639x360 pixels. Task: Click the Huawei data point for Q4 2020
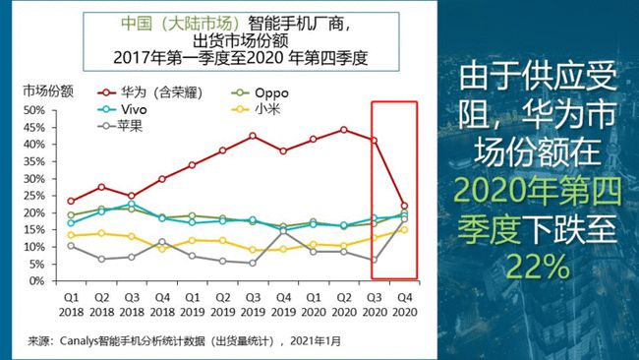pyautogui.click(x=404, y=206)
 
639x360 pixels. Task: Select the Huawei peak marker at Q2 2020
pyautogui.click(x=343, y=130)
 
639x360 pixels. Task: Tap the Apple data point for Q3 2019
pyautogui.click(x=253, y=263)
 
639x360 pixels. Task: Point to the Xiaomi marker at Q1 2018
pyautogui.click(x=71, y=235)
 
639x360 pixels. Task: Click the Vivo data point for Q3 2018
pyautogui.click(x=131, y=204)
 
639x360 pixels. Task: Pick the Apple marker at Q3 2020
pyautogui.click(x=375, y=260)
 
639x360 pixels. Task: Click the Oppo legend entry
pyautogui.click(x=260, y=93)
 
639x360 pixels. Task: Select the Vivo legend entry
pyautogui.click(x=122, y=109)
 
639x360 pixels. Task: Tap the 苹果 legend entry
pyautogui.click(x=120, y=126)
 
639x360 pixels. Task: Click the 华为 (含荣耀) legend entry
pyautogui.click(x=150, y=92)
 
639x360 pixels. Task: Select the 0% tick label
pyautogui.click(x=36, y=281)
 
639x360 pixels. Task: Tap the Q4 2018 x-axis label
pyautogui.click(x=162, y=305)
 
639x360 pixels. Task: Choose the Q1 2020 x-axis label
pyautogui.click(x=314, y=305)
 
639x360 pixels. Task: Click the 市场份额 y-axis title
pyautogui.click(x=48, y=91)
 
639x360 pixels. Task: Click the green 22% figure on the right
pyautogui.click(x=538, y=267)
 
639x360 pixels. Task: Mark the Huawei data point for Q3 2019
pyautogui.click(x=253, y=136)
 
